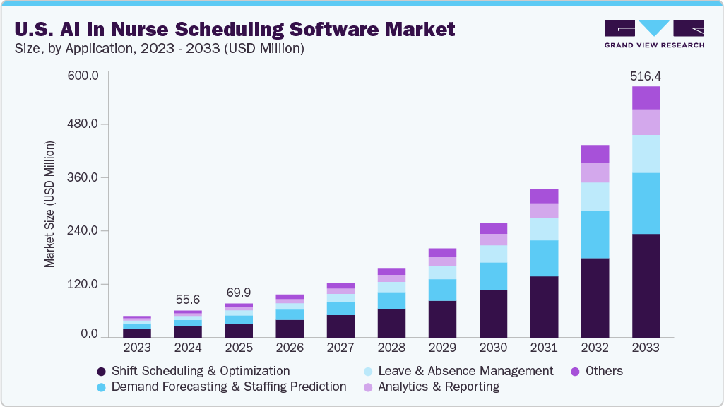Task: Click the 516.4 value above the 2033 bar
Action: tap(646, 76)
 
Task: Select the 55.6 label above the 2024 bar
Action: tap(188, 299)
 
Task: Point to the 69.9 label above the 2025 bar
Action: tap(239, 292)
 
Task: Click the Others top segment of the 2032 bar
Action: tap(595, 153)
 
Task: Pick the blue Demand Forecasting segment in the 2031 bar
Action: tap(544, 258)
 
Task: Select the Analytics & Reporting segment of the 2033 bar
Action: tap(646, 122)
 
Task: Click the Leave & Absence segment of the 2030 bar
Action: tap(493, 254)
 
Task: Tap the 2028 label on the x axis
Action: tap(391, 348)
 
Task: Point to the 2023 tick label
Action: tap(137, 348)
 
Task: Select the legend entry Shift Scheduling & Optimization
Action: tap(201, 371)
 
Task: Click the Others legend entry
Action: tap(603, 371)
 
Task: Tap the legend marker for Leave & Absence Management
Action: tap(367, 371)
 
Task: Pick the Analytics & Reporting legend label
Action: tap(438, 387)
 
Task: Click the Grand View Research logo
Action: tap(653, 34)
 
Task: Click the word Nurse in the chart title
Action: tap(192, 29)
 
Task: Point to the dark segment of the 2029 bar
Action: tap(442, 319)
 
